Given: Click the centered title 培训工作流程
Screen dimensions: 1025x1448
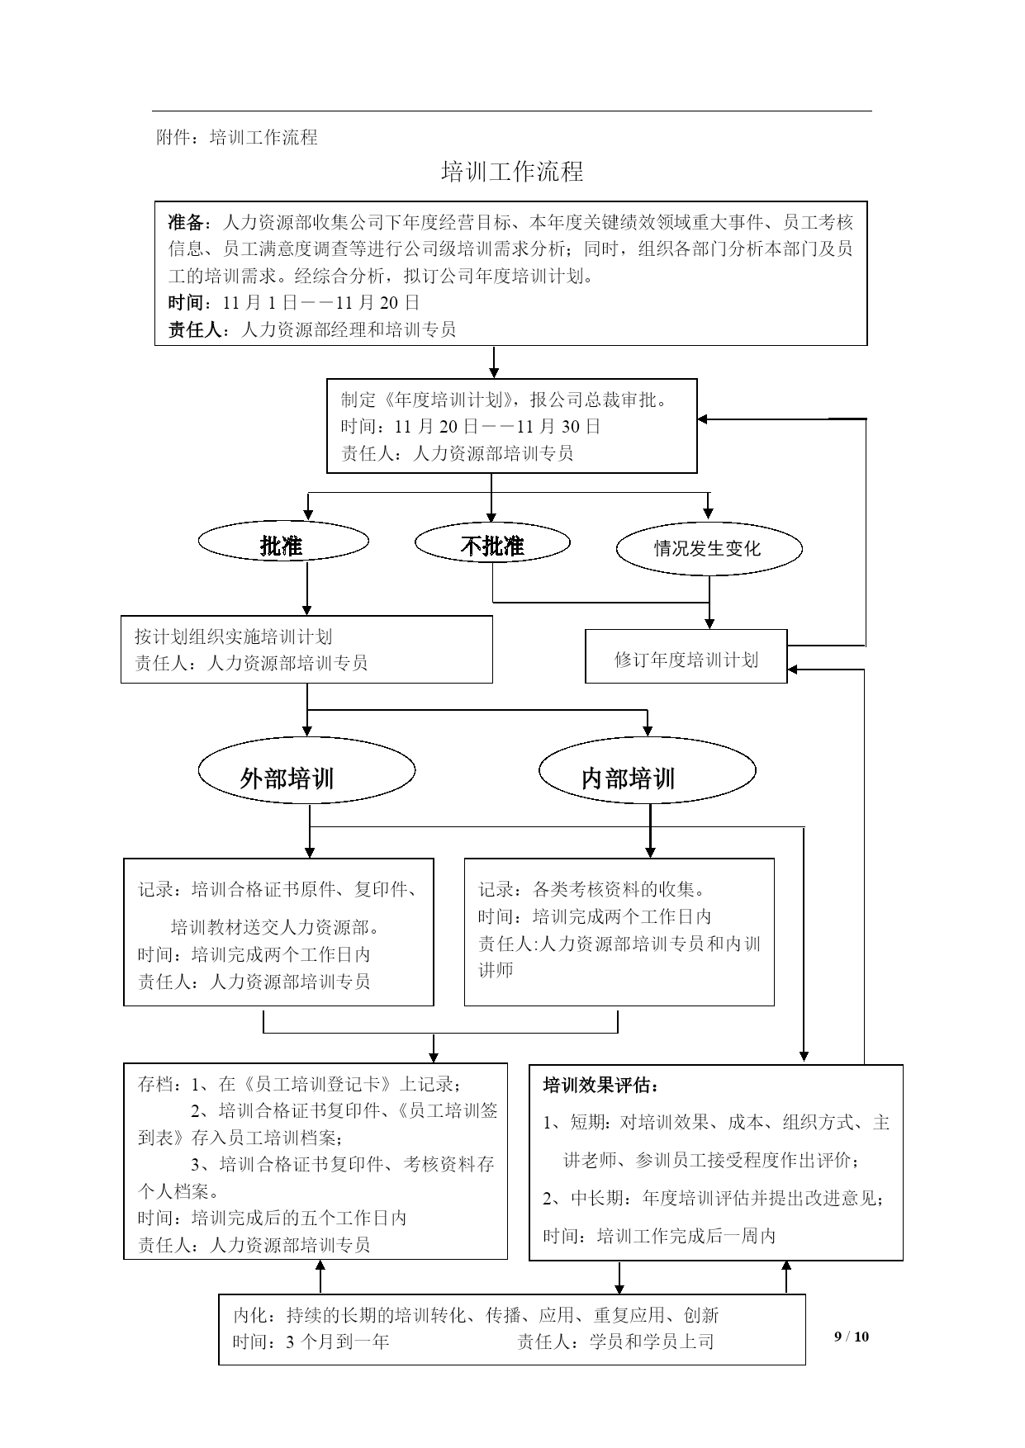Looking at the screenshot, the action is pyautogui.click(x=512, y=172).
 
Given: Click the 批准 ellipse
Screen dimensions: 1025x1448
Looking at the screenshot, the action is pyautogui.click(x=283, y=542).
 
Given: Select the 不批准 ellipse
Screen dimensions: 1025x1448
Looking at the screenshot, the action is pyautogui.click(x=492, y=542).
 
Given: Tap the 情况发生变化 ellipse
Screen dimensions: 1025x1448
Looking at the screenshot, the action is pyautogui.click(x=709, y=549).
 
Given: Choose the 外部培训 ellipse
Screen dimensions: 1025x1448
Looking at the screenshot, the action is pyautogui.click(x=306, y=769).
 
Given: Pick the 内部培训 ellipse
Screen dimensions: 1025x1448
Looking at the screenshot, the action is pyautogui.click(x=648, y=769).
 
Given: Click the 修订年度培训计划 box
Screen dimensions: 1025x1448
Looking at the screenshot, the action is pyautogui.click(x=686, y=656).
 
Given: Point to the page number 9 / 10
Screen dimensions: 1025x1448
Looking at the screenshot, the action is pyautogui.click(x=852, y=1337).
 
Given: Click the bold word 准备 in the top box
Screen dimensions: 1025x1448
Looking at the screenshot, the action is pyautogui.click(x=186, y=222).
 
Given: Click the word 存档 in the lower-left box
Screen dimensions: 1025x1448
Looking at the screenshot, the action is pyautogui.click(x=154, y=1084).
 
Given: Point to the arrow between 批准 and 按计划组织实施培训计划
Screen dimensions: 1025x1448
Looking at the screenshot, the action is pyautogui.click(x=307, y=589).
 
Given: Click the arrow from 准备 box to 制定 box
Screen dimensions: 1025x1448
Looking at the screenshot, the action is pyautogui.click(x=494, y=362).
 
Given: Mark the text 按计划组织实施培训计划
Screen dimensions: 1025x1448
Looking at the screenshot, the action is pyautogui.click(x=234, y=636).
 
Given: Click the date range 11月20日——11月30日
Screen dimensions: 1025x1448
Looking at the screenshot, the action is pyautogui.click(x=497, y=426).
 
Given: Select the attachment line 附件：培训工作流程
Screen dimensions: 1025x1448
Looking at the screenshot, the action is pyautogui.click(x=237, y=137).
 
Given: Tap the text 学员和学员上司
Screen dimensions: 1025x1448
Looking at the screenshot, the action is pyautogui.click(x=651, y=1342).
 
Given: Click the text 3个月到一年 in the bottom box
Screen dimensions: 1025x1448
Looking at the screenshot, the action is pyautogui.click(x=337, y=1342).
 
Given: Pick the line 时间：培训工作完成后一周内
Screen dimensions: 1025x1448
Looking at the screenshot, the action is pyautogui.click(x=659, y=1236).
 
